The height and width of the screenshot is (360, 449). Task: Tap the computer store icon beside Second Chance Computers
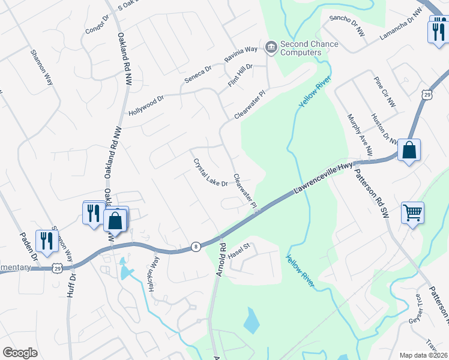[x=271, y=47]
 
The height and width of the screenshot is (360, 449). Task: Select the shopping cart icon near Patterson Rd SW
[x=412, y=211]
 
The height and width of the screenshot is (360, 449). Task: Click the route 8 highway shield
[x=196, y=246]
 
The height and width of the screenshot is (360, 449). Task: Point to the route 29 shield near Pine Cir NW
[x=426, y=95]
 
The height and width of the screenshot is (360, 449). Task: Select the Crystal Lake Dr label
[x=209, y=173]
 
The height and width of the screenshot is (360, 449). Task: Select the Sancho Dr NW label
[x=348, y=26]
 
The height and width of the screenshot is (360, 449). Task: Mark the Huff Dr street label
[x=73, y=288]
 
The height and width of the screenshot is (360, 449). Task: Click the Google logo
[x=20, y=353]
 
